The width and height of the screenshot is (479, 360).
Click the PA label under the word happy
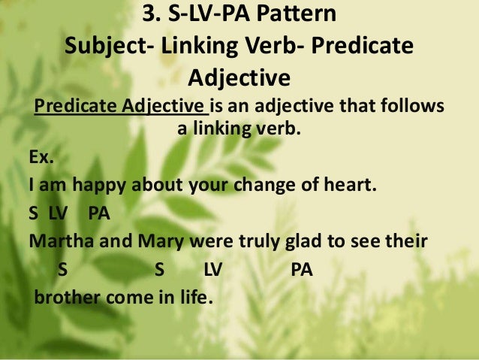pyautogui.click(x=99, y=213)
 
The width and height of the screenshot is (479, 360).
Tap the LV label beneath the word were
pyautogui.click(x=213, y=269)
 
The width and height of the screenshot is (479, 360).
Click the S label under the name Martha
pyautogui.click(x=61, y=269)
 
